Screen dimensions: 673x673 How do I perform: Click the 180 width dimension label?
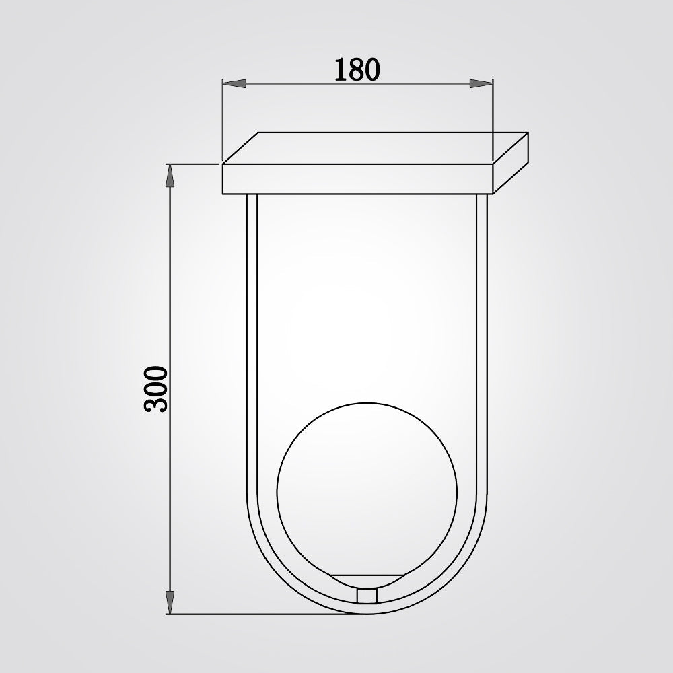[357, 69]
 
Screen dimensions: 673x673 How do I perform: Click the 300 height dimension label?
[155, 389]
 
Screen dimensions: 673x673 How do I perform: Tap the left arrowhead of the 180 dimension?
[234, 83]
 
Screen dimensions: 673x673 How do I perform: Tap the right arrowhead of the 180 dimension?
[481, 83]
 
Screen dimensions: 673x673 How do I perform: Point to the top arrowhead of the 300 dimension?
[170, 176]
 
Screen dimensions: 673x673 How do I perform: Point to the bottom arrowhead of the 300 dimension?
[170, 602]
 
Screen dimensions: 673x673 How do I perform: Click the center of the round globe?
[367, 492]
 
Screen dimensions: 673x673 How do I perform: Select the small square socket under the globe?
[367, 596]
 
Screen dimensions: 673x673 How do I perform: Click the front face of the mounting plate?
[357, 179]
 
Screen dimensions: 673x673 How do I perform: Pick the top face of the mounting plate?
[376, 148]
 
